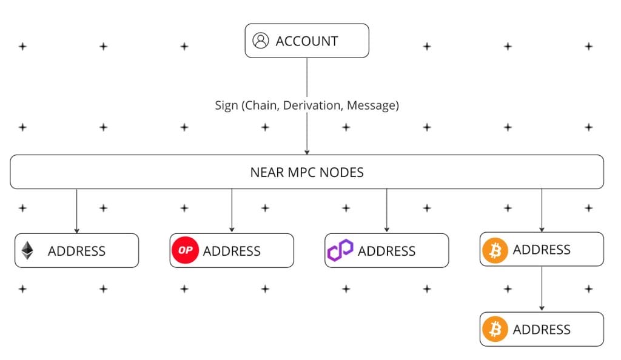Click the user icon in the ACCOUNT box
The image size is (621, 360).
[x=260, y=41]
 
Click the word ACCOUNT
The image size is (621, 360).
[x=306, y=41]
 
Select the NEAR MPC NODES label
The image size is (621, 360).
[x=307, y=172]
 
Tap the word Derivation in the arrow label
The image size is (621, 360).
[x=312, y=105]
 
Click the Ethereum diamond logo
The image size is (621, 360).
[x=27, y=251]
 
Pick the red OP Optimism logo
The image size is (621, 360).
[x=186, y=251]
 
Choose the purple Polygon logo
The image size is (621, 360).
[x=340, y=250]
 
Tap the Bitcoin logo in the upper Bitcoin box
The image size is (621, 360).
[x=495, y=250]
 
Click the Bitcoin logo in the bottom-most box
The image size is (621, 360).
[x=495, y=330]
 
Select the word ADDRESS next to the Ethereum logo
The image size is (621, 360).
[x=76, y=251]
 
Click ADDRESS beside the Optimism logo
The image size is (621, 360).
[x=232, y=251]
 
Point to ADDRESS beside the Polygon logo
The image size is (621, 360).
[x=386, y=251]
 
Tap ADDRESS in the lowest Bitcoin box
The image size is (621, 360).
[x=542, y=330]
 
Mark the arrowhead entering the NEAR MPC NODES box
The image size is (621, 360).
[x=307, y=152]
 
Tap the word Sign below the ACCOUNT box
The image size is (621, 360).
[x=226, y=105]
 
